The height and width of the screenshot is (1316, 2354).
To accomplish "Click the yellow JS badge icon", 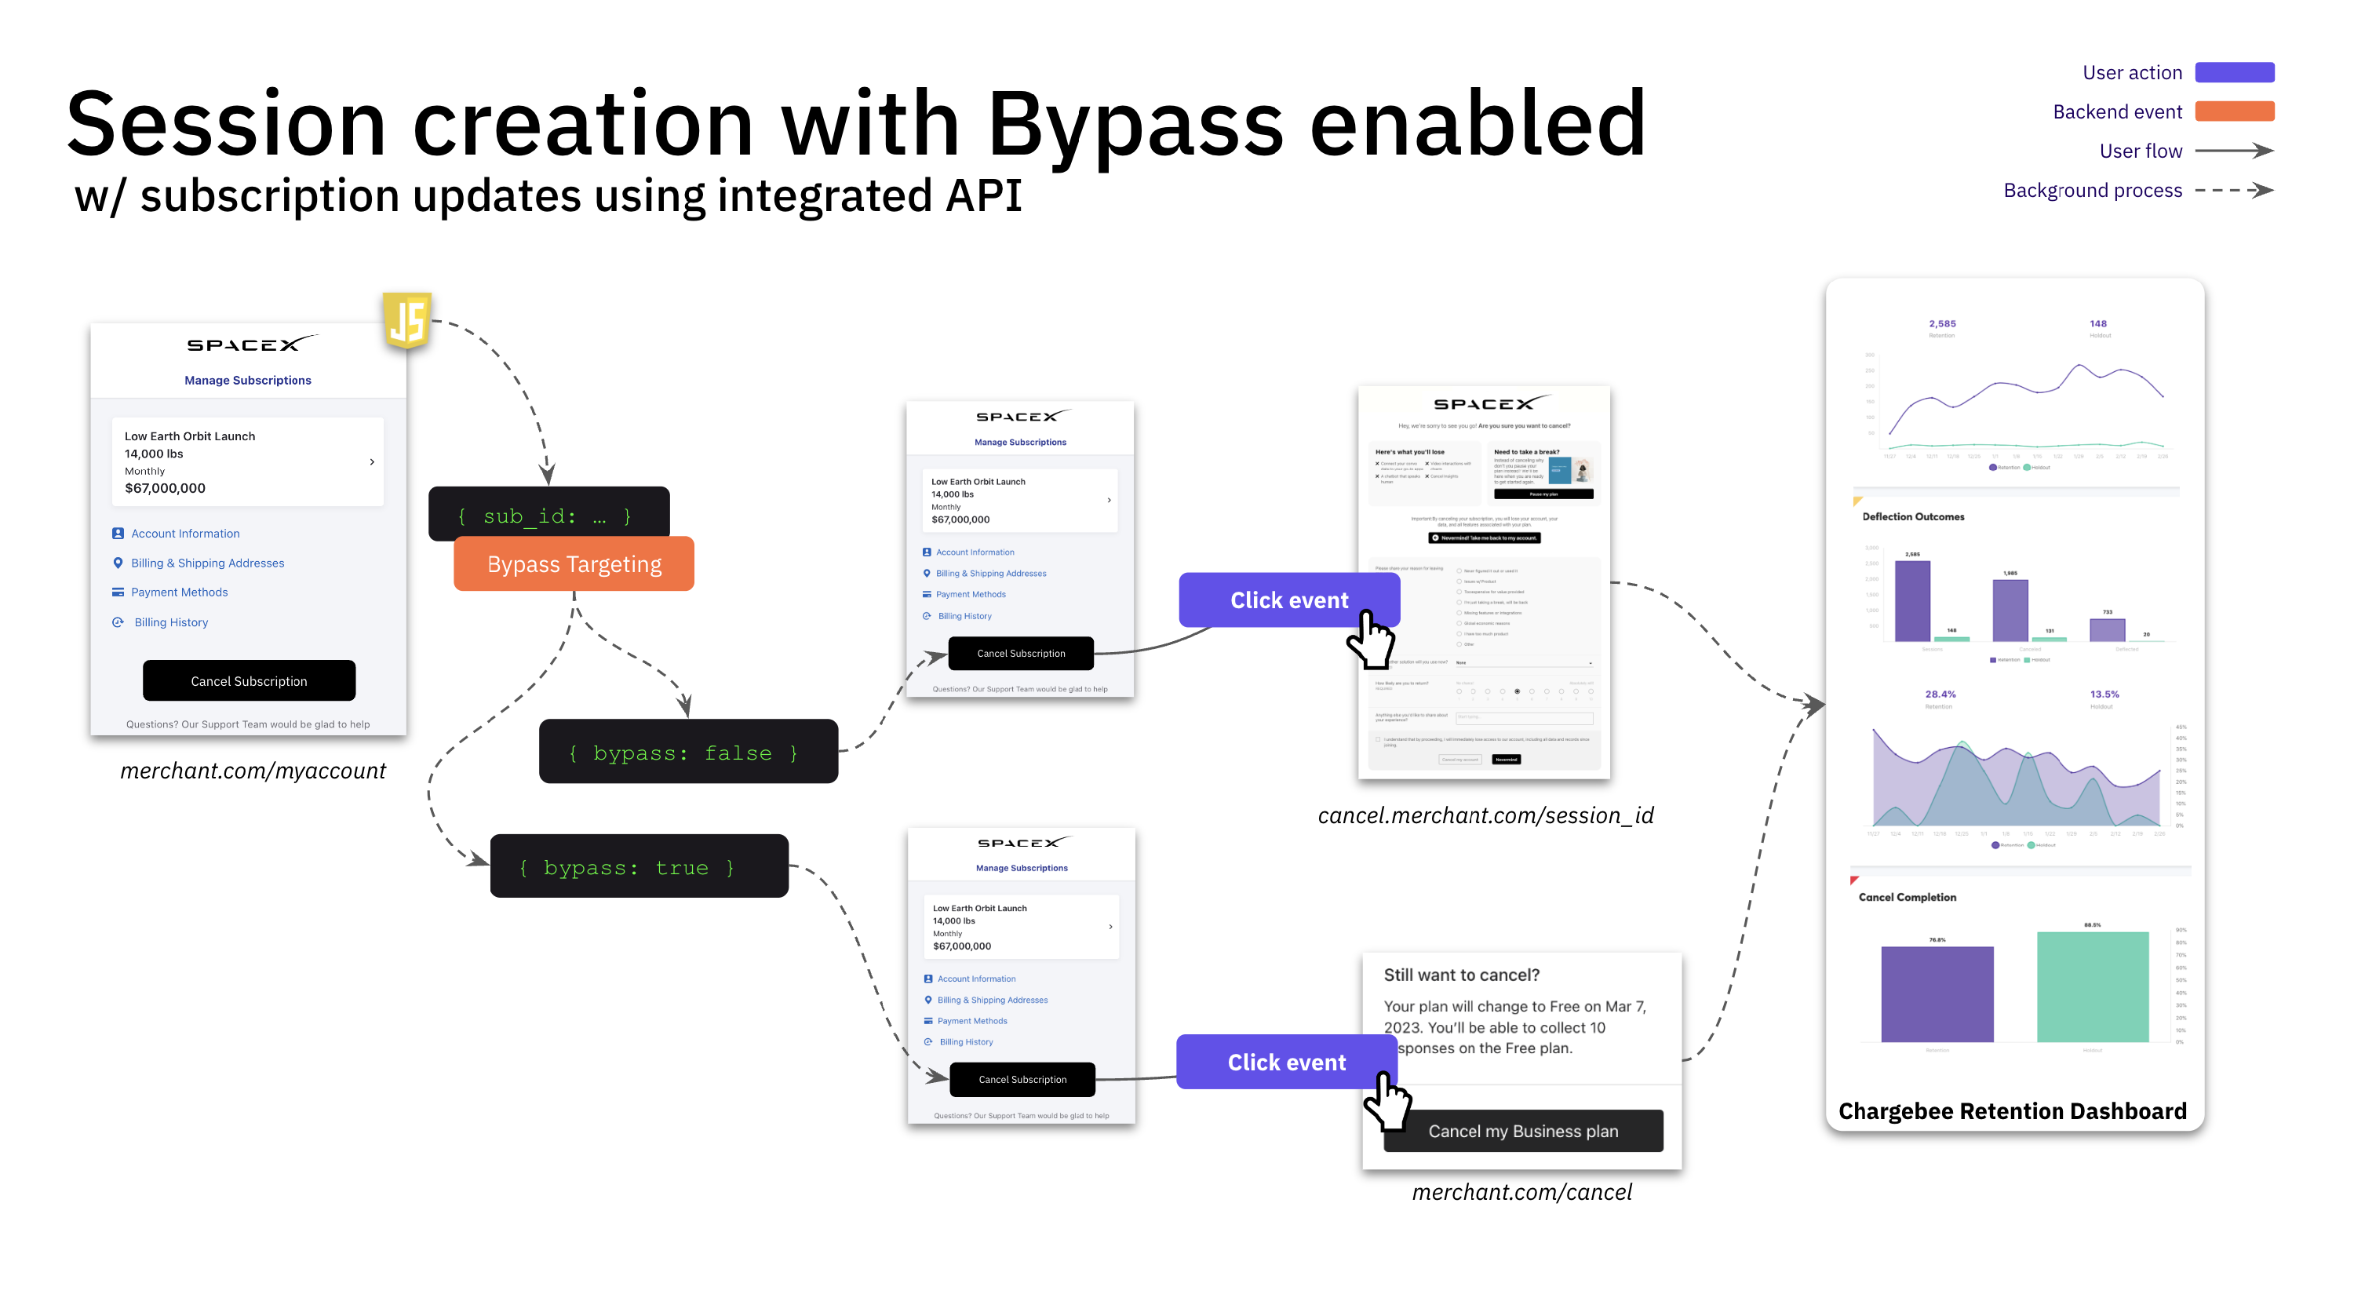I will tap(406, 321).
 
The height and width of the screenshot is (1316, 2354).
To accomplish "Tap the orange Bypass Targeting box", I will tap(574, 564).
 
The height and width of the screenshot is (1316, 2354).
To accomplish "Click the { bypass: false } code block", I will tap(687, 752).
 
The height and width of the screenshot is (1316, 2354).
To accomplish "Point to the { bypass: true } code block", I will tap(639, 866).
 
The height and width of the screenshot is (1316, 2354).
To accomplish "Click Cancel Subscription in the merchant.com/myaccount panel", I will tap(249, 681).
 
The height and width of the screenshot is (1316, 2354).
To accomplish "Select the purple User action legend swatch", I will tap(2233, 72).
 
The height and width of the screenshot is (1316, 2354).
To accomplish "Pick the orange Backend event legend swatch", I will tap(2233, 111).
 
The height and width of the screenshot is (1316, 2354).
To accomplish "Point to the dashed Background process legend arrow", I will tap(2233, 190).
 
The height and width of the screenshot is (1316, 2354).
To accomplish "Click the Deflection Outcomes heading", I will tap(1913, 517).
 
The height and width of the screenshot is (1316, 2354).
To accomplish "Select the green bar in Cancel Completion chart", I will tap(2092, 987).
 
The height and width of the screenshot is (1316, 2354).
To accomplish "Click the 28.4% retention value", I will tap(1940, 694).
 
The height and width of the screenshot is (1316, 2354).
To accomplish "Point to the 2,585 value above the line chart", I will tap(1942, 323).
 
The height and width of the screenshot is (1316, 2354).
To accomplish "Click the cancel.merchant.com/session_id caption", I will tap(1485, 815).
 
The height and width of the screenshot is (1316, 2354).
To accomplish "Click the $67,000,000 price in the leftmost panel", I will tap(165, 488).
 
